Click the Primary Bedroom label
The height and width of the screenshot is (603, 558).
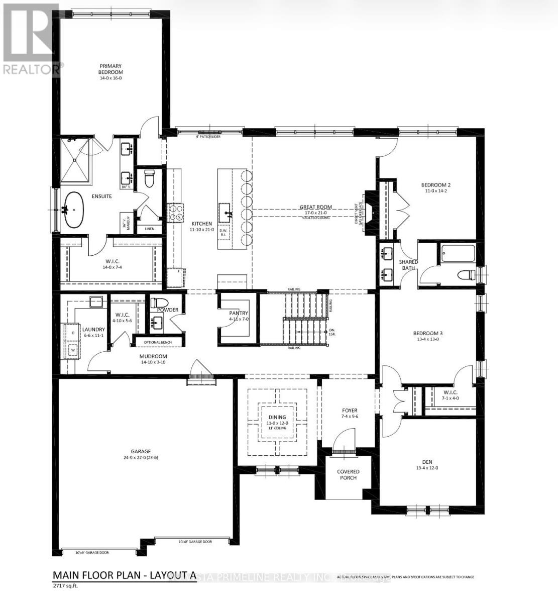click(x=111, y=69)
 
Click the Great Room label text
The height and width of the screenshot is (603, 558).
click(x=315, y=207)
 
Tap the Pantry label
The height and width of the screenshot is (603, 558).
click(x=239, y=313)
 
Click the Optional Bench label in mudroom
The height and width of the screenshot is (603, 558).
click(x=158, y=342)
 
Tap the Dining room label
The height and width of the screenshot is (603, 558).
click(x=277, y=417)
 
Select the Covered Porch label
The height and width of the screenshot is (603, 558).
click(x=348, y=474)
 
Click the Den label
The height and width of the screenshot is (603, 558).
click(x=427, y=462)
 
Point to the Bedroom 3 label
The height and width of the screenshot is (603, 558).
click(x=427, y=333)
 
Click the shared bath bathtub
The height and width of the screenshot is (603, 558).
click(x=458, y=253)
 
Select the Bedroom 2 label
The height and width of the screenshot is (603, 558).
click(x=435, y=185)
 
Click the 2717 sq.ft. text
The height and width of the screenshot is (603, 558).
click(x=66, y=585)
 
